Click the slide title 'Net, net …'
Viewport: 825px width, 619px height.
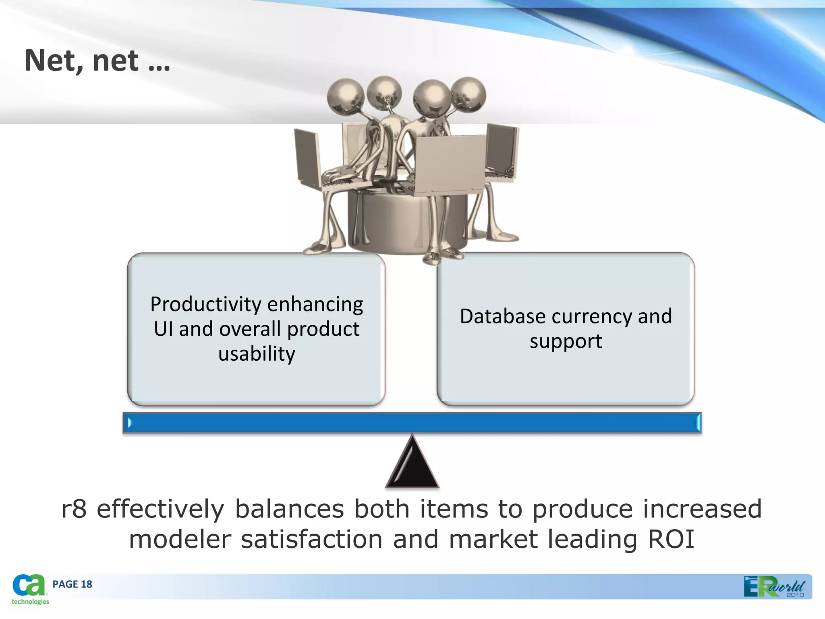97,60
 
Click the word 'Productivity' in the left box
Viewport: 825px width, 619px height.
206,304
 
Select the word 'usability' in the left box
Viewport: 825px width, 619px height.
257,354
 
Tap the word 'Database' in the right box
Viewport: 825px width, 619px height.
502,316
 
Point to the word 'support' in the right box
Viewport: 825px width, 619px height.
566,341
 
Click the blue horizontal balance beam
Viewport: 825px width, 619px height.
412,423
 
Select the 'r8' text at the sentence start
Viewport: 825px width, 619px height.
74,509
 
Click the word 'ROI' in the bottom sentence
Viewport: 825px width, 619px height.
671,539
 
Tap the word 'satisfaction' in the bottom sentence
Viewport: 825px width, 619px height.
311,539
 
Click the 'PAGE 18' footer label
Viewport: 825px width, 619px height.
72,584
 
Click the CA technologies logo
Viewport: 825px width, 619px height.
29,589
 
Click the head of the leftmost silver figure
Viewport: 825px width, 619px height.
345,96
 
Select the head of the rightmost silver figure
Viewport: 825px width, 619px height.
468,95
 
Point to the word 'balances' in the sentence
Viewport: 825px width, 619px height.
289,509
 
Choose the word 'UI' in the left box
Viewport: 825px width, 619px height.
163,329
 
